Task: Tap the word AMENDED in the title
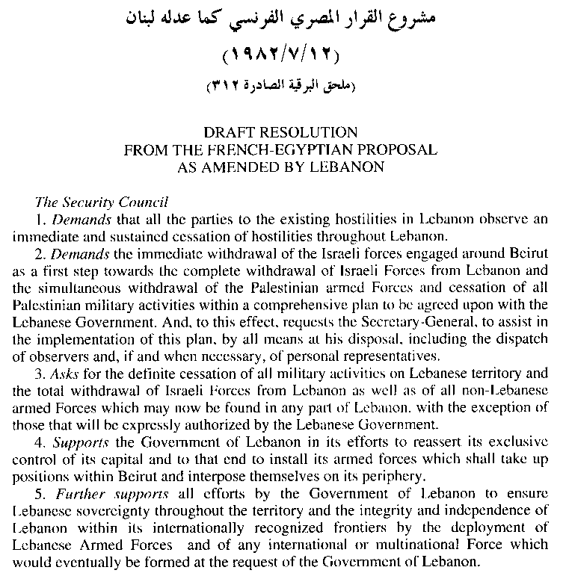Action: point(246,167)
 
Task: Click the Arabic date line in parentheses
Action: point(282,57)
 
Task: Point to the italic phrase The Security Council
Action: point(102,202)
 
